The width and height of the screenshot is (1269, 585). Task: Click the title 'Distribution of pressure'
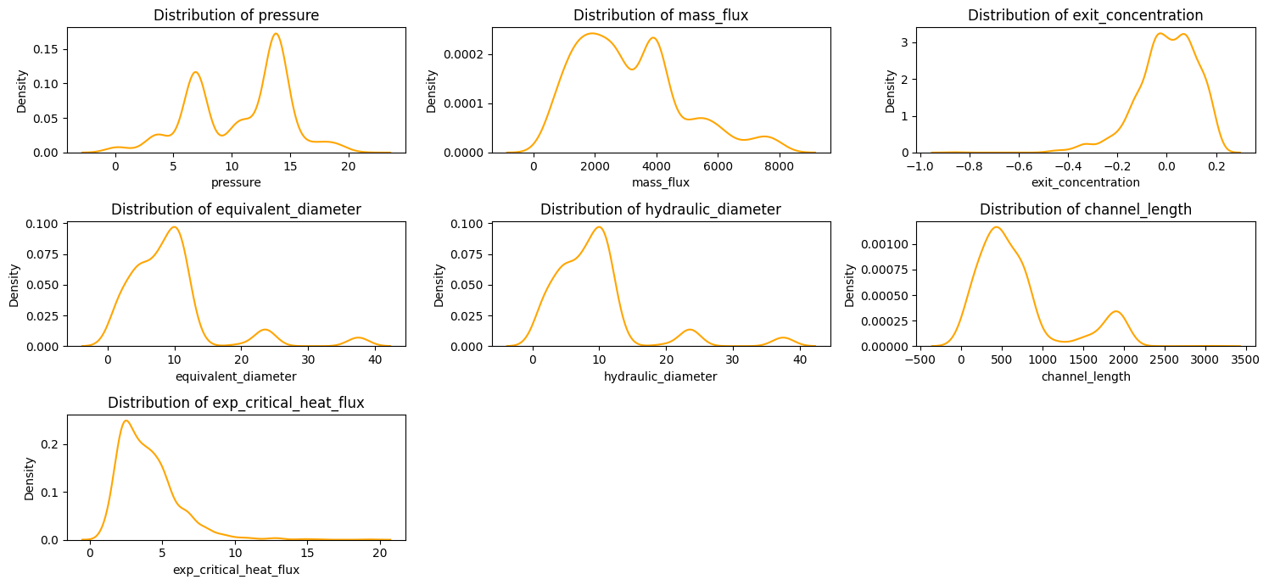click(235, 15)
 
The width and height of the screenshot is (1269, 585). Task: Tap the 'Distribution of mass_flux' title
click(660, 15)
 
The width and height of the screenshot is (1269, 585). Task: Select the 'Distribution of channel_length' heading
click(1085, 209)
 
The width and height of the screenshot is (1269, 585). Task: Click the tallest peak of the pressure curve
click(276, 34)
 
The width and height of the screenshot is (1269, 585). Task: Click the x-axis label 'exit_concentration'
click(1085, 182)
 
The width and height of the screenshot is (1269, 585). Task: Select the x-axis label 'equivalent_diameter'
click(235, 376)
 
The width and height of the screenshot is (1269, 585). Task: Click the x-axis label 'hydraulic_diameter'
click(660, 376)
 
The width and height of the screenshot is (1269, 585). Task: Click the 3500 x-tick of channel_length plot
click(1244, 360)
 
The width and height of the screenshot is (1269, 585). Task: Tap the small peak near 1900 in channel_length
click(1115, 311)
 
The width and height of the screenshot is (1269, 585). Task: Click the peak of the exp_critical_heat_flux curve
click(126, 421)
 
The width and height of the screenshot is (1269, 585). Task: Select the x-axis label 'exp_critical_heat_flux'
click(235, 570)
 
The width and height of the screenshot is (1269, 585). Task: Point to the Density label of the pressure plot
click(23, 92)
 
